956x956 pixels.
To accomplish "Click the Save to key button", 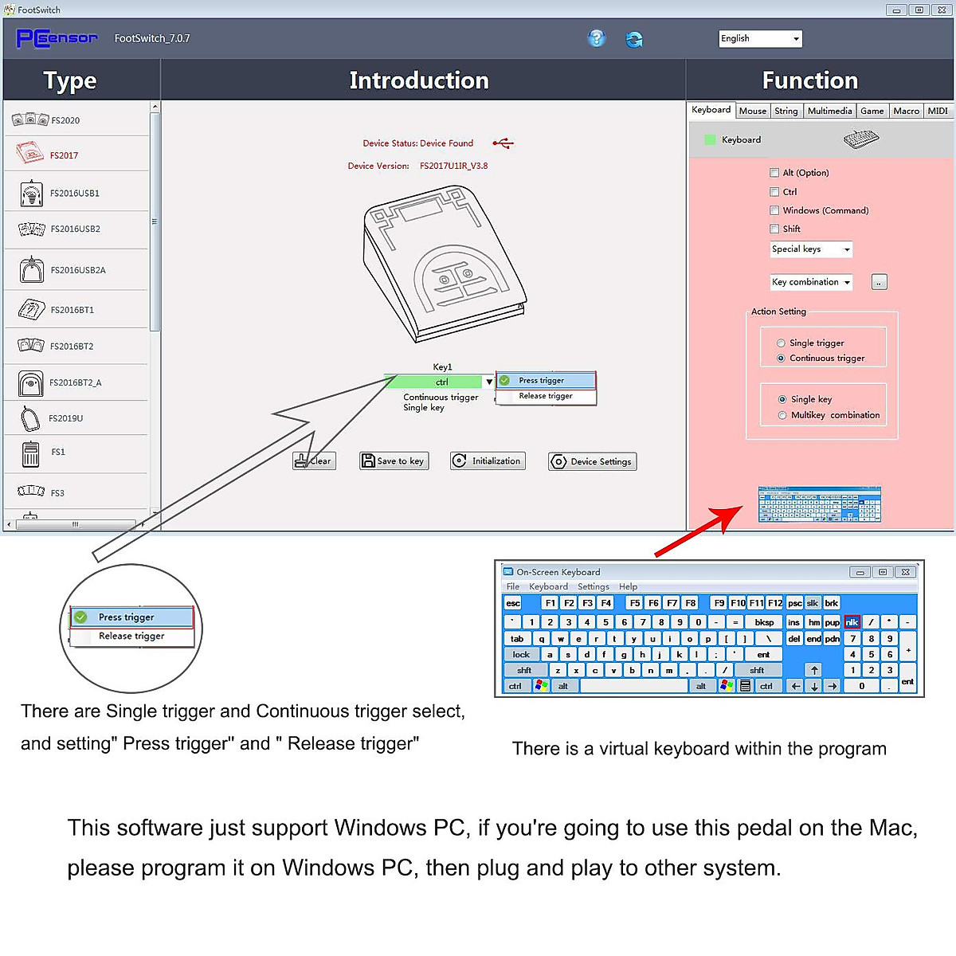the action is pyautogui.click(x=394, y=460).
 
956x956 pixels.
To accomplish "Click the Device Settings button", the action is pyautogui.click(x=592, y=461).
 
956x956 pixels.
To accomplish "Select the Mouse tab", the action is pyautogui.click(x=752, y=111).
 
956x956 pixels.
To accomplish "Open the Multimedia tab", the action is pyautogui.click(x=829, y=111).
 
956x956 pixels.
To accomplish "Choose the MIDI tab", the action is pyautogui.click(x=938, y=111).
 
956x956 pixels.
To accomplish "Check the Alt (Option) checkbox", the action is pyautogui.click(x=774, y=172).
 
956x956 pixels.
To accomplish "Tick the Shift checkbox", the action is pyautogui.click(x=774, y=229).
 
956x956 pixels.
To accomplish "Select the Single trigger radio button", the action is pyautogui.click(x=781, y=343).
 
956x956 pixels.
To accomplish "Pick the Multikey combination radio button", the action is pyautogui.click(x=782, y=415).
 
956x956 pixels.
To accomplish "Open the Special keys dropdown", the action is pyautogui.click(x=811, y=249).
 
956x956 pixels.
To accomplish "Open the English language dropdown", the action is pyautogui.click(x=760, y=38).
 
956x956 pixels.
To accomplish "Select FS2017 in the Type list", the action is pyautogui.click(x=64, y=155).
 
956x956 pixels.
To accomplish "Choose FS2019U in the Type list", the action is pyautogui.click(x=65, y=418).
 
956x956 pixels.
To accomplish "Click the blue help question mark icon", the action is pyautogui.click(x=596, y=38).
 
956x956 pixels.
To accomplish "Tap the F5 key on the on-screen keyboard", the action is pyautogui.click(x=634, y=603).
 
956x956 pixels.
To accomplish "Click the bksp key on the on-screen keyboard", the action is pyautogui.click(x=764, y=622).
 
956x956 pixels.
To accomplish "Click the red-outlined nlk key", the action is pyautogui.click(x=852, y=622).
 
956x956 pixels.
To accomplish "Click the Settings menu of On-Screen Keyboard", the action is pyautogui.click(x=593, y=586).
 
